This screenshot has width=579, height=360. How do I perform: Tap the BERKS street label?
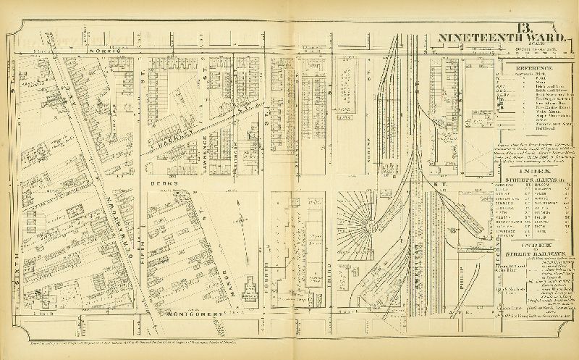tap(160, 185)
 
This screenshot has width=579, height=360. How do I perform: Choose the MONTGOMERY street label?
tap(193, 312)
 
